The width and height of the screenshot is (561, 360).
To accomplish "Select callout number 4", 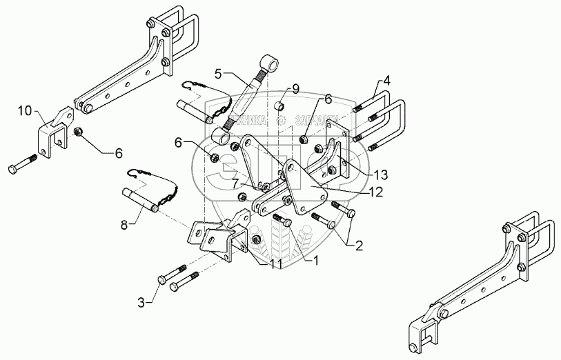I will point(387,81).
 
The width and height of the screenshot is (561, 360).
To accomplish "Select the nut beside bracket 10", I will point(78,131).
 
